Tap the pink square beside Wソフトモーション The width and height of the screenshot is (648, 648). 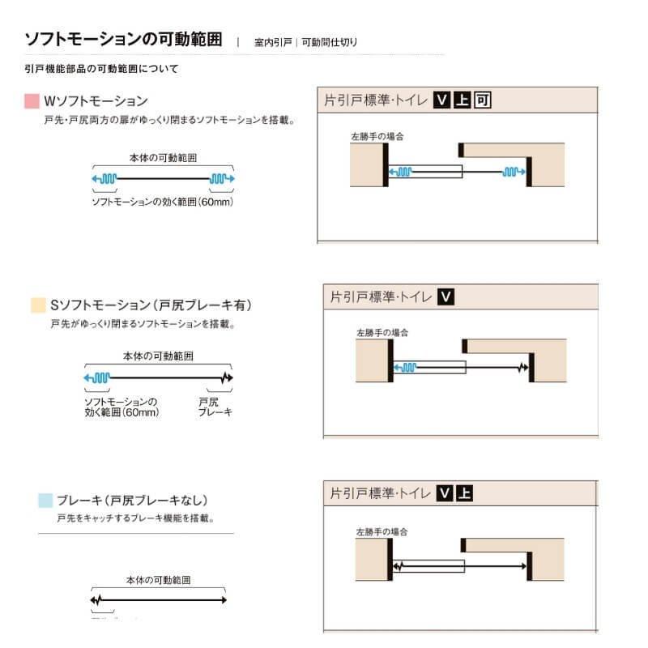pos(32,102)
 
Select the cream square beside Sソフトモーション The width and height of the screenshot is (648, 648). pos(37,305)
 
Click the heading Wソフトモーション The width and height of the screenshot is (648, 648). pos(95,102)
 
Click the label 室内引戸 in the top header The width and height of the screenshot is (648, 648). pos(272,42)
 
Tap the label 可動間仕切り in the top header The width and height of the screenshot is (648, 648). pos(329,42)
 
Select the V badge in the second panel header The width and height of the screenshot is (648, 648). pos(444,297)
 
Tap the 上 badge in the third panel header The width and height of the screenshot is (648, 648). pos(463,492)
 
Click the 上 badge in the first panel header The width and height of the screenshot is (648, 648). pos(462,100)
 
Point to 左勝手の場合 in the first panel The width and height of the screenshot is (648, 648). pos(377,136)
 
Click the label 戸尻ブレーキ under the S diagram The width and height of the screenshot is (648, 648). pos(215,407)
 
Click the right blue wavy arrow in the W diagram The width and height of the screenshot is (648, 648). pos(222,178)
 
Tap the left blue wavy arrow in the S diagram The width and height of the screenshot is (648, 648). pos(97,377)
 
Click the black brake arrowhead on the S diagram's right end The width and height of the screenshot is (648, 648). pos(227,377)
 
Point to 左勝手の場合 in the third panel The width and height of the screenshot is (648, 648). pos(381,532)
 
